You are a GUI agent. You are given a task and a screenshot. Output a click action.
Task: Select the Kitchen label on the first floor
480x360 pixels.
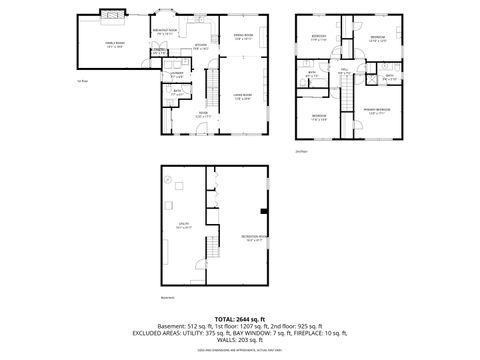pos(199,45)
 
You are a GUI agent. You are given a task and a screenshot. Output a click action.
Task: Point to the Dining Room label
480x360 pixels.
pos(243,36)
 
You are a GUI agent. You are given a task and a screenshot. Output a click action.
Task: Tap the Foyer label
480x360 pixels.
pos(200,115)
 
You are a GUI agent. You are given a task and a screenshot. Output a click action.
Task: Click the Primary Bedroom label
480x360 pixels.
pos(376,109)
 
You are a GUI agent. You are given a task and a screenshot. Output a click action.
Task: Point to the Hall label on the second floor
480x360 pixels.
pos(343,72)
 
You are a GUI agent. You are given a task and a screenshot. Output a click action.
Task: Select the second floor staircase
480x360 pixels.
pos(347,98)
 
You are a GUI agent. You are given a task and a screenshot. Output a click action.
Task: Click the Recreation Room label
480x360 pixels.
pos(252,237)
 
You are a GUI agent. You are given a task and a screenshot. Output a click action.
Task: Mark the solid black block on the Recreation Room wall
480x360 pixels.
pos(262,211)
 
